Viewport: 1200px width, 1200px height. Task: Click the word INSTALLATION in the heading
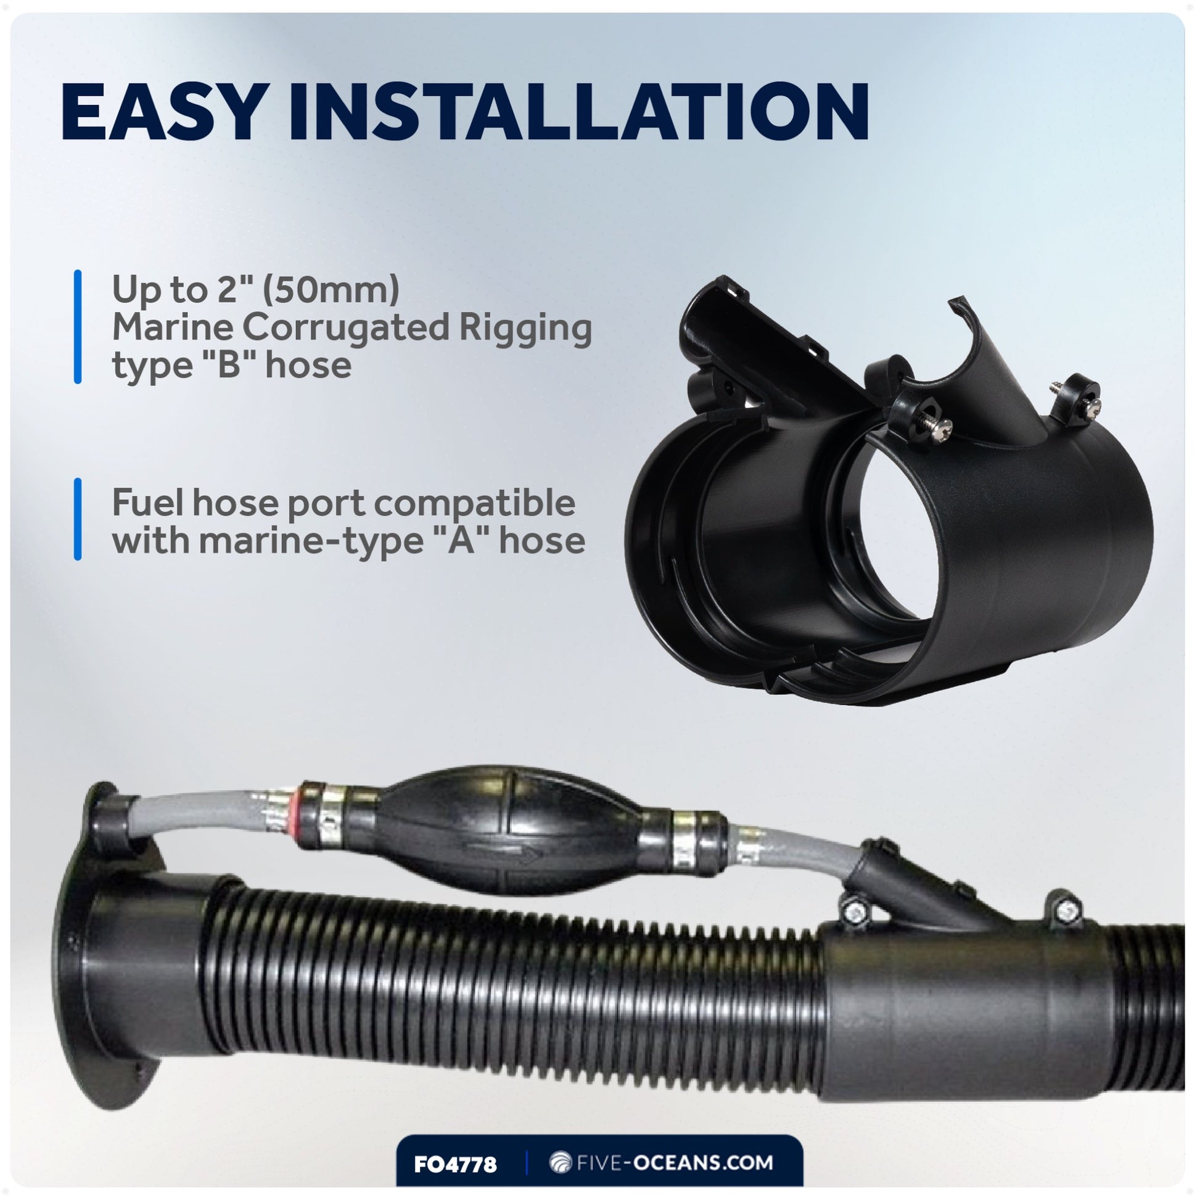[x=578, y=112]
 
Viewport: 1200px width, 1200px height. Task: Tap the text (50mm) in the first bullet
[x=331, y=289]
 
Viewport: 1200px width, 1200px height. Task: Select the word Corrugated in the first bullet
[x=345, y=327]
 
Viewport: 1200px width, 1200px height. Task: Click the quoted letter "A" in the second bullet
[x=458, y=540]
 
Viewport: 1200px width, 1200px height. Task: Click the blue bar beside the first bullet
[x=78, y=327]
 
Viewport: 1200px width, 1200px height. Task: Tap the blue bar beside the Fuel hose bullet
[x=78, y=519]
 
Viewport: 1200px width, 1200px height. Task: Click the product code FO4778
[x=455, y=1164]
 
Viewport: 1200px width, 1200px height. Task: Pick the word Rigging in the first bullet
[x=525, y=328]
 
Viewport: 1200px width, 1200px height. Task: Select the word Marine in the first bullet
[x=173, y=327]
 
